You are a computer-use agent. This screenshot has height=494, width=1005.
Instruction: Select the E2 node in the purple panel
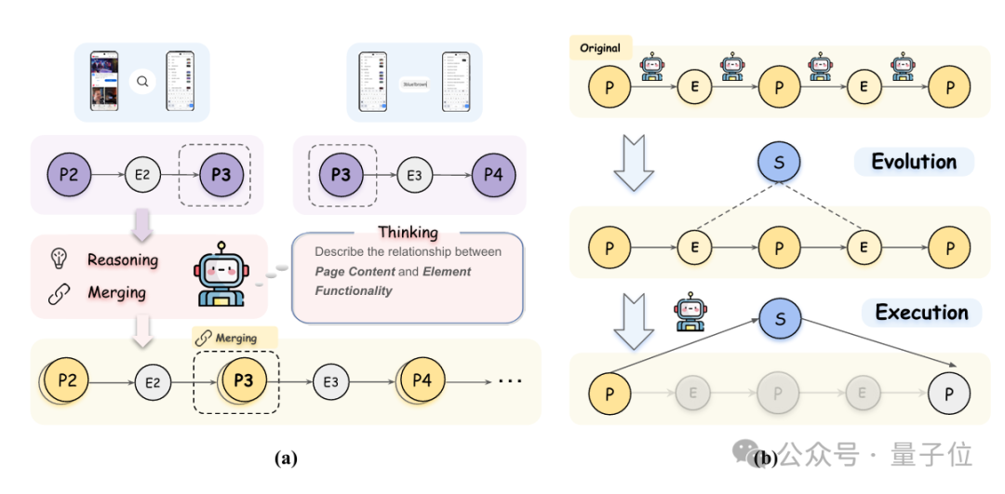pyautogui.click(x=141, y=174)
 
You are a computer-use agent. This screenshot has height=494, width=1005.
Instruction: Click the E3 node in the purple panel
pyautogui.click(x=415, y=174)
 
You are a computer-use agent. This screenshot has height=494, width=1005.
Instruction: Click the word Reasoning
pyautogui.click(x=123, y=260)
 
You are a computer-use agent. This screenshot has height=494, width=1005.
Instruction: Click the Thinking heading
pyautogui.click(x=408, y=233)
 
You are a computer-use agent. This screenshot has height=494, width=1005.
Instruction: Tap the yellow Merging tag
pyautogui.click(x=234, y=338)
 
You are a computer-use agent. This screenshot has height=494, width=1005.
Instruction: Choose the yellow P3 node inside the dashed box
pyautogui.click(x=243, y=381)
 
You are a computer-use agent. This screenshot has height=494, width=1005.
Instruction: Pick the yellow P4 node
pyautogui.click(x=422, y=381)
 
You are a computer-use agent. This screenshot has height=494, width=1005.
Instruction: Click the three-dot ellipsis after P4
pyautogui.click(x=511, y=381)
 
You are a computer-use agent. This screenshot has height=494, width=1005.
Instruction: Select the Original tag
pyautogui.click(x=600, y=48)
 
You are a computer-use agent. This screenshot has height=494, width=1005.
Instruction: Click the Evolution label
pyautogui.click(x=913, y=162)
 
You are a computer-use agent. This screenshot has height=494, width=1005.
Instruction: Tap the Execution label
pyautogui.click(x=921, y=313)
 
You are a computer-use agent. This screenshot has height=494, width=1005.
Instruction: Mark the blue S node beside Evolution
pyautogui.click(x=779, y=162)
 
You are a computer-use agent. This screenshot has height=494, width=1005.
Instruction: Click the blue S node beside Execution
pyautogui.click(x=779, y=319)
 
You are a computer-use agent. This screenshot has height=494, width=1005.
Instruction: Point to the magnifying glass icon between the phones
pyautogui.click(x=142, y=82)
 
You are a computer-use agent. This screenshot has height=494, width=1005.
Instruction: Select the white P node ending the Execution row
pyautogui.click(x=948, y=394)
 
